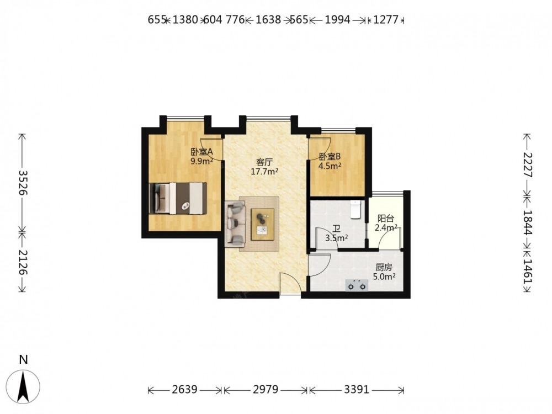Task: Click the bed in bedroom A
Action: click(178, 198)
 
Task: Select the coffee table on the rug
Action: click(263, 224)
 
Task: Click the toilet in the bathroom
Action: click(356, 209)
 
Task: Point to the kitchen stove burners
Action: click(357, 285)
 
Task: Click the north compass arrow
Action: click(24, 386)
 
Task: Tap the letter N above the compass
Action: click(24, 359)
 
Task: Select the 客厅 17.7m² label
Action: click(264, 167)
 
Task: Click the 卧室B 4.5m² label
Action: click(330, 161)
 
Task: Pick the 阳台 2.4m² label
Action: click(386, 223)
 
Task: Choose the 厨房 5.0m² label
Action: click(384, 272)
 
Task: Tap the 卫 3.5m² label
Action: click(337, 233)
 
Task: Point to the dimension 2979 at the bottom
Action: click(266, 389)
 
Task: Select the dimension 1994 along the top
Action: click(337, 20)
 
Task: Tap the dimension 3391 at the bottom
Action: click(356, 389)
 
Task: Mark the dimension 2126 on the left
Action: click(23, 262)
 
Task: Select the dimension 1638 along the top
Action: click(268, 20)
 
